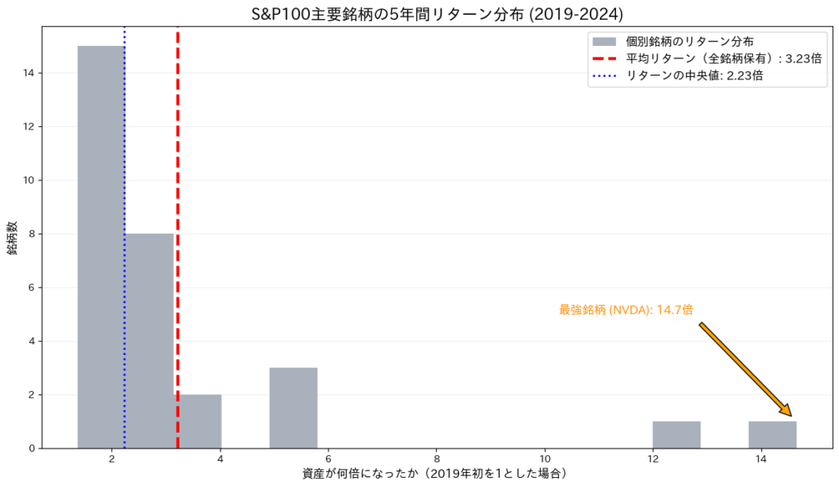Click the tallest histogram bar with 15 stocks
(101, 246)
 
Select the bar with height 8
(149, 340)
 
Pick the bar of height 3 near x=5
(293, 407)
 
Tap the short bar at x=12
(676, 435)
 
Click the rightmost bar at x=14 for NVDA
(772, 435)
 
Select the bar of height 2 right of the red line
(197, 421)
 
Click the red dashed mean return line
(177, 205)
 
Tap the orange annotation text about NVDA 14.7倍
(626, 310)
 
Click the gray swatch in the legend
(604, 40)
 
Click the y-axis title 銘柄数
(14, 238)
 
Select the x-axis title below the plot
(435, 474)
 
